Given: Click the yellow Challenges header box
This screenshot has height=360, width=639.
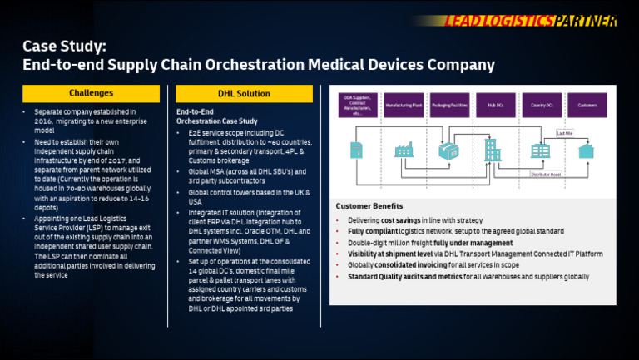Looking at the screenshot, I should click(92, 93).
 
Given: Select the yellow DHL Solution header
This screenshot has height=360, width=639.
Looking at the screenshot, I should click(244, 93).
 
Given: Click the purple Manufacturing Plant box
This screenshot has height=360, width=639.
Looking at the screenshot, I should click(403, 106).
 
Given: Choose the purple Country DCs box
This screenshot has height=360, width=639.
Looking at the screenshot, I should click(542, 106).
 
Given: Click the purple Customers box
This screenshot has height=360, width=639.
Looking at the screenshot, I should click(587, 106).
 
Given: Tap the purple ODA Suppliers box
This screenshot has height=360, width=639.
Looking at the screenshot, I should click(357, 106).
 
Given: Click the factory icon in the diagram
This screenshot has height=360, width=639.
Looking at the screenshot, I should click(404, 150).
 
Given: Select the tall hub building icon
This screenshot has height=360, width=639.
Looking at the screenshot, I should click(493, 149).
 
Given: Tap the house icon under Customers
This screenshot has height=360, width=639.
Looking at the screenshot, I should click(587, 150).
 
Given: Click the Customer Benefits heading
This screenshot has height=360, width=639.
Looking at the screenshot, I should click(369, 205).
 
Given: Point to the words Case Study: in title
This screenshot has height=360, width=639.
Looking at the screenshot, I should click(64, 46).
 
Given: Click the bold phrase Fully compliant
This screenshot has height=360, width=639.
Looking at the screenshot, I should click(372, 231).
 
